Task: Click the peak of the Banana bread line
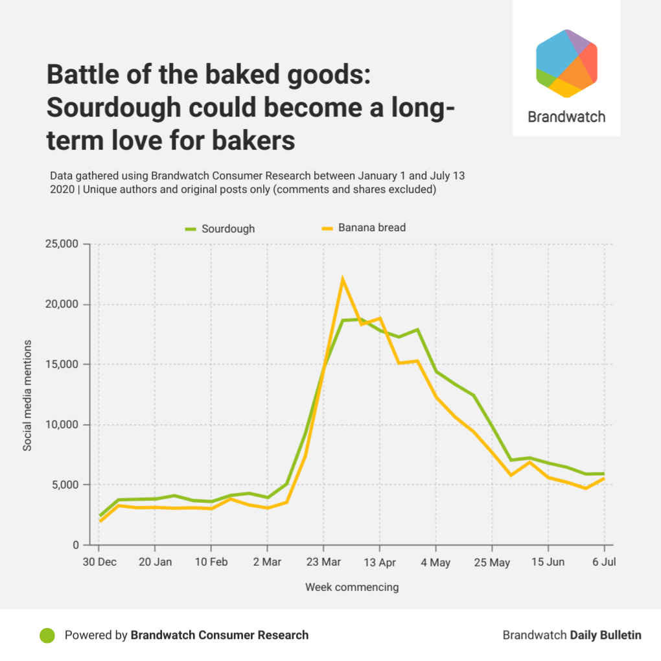(342, 279)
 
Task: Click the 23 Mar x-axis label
(323, 562)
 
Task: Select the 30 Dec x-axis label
(99, 562)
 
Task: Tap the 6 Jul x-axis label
(604, 562)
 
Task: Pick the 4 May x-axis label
(435, 562)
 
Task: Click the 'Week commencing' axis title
(352, 587)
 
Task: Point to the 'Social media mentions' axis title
(27, 395)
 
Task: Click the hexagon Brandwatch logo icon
(566, 63)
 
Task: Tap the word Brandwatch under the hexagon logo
(566, 117)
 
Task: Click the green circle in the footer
(47, 635)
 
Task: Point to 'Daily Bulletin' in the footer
(605, 635)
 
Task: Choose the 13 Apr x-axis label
(380, 562)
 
